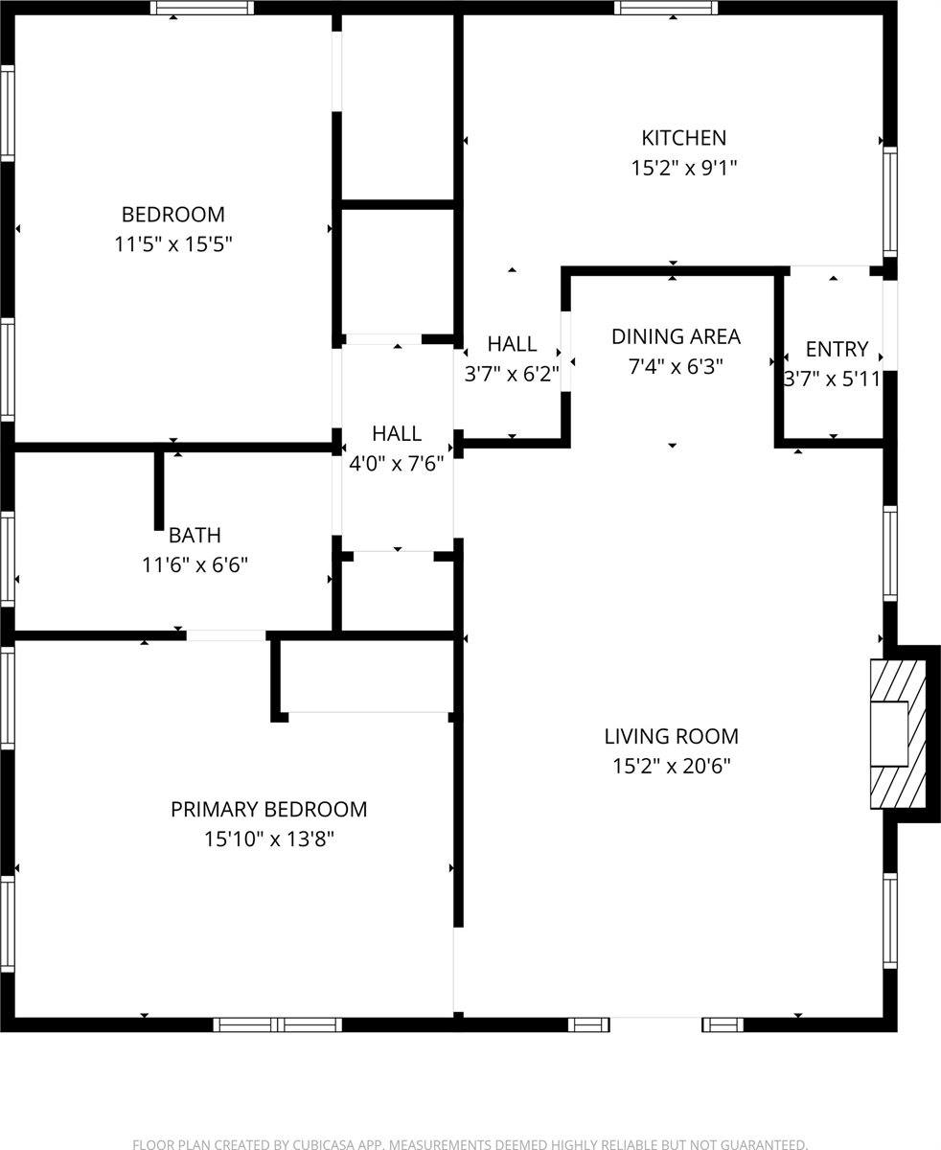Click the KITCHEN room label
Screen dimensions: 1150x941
point(683,138)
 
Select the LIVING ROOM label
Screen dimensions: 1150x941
point(671,737)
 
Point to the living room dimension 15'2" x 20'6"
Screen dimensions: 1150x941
point(671,767)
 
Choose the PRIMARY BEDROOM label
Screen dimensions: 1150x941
point(268,810)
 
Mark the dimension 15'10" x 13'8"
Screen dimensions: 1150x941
point(268,839)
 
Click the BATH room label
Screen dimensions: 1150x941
point(195,535)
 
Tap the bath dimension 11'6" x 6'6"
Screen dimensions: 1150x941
point(195,565)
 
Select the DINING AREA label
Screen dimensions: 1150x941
point(676,336)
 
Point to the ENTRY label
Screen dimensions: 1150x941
point(837,349)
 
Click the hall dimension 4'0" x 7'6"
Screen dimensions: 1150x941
point(397,464)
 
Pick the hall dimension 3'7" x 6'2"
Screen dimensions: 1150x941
point(512,374)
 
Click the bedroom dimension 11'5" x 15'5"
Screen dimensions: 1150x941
point(173,244)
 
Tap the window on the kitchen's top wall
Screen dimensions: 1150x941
point(666,9)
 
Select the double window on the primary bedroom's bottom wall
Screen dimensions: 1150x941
point(277,1024)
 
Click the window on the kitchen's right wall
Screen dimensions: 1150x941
point(890,201)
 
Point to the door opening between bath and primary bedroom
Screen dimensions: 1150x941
point(226,635)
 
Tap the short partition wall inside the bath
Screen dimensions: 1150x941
point(159,489)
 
